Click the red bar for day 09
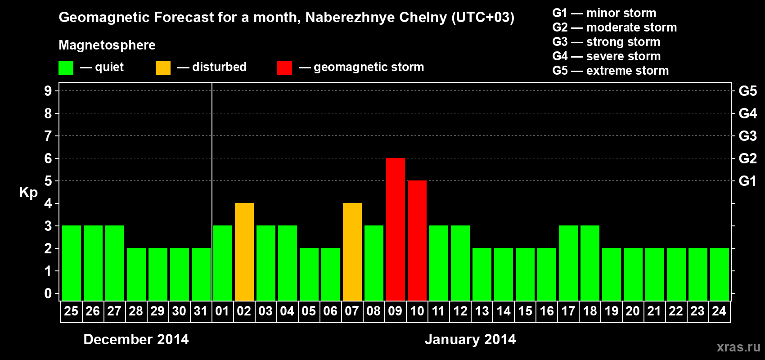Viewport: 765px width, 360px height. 396,229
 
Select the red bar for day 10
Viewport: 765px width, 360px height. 417,240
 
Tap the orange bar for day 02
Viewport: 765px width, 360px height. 244,252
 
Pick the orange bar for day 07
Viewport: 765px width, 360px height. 352,252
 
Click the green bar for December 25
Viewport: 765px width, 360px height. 72,263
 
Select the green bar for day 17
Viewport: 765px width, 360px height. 568,263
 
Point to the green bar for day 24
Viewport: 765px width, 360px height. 720,274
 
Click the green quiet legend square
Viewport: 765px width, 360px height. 66,68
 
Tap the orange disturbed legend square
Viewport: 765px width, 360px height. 163,68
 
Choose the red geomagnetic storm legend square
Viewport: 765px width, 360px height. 284,68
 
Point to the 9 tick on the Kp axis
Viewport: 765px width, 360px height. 48,91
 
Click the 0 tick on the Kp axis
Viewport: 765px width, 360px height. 48,294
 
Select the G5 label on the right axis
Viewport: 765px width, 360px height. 747,91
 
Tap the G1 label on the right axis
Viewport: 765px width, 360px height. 747,181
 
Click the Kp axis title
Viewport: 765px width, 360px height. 28,193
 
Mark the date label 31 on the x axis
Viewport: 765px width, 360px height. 201,311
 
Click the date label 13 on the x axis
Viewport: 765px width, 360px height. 482,311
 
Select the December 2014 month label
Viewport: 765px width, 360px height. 136,339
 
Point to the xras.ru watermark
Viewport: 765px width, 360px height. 738,347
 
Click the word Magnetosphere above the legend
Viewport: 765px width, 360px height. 107,45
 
